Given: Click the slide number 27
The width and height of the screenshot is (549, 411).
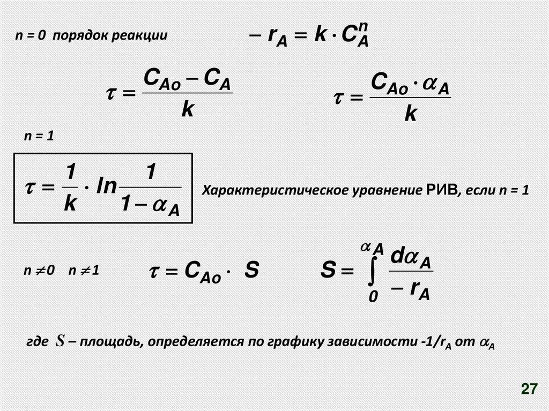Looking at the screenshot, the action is (529, 389).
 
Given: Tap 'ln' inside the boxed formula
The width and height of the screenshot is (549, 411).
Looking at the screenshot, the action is (108, 188).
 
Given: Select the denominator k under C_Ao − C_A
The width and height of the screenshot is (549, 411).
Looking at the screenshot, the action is (187, 109).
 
